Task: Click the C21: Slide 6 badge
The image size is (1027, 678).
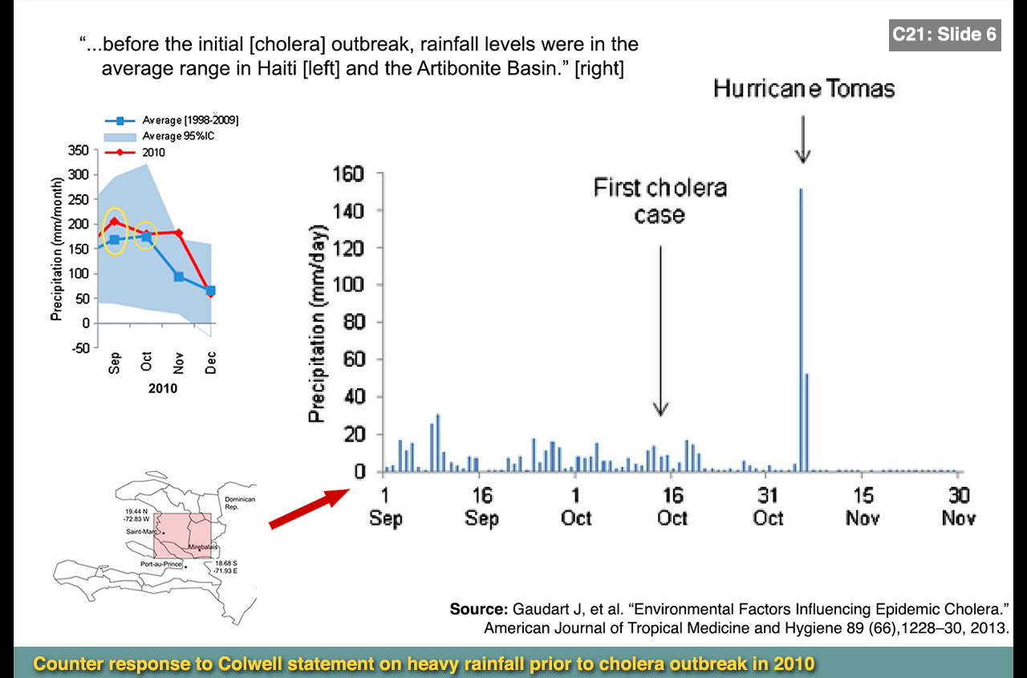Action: click(944, 35)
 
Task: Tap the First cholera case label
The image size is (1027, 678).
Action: click(660, 201)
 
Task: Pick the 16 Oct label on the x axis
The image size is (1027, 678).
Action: click(672, 506)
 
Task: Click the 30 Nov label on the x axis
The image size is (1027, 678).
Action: click(959, 506)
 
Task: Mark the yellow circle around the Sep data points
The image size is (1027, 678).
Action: click(116, 231)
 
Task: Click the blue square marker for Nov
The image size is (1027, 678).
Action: click(179, 277)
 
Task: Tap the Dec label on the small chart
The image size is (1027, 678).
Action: click(211, 364)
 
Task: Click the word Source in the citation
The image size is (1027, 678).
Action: click(478, 609)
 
